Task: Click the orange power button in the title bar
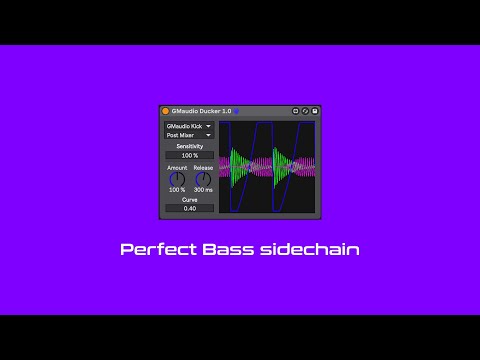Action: point(166,111)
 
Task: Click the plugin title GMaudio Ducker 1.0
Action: point(201,111)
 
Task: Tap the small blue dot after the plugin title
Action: point(236,111)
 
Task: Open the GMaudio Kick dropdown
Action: point(189,127)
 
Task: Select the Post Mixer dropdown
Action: point(189,135)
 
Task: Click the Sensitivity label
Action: point(189,146)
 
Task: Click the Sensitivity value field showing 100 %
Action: point(189,156)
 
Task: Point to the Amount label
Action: point(177,168)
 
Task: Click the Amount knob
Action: point(177,179)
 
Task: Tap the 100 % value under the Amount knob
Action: point(177,190)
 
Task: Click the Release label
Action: point(203,168)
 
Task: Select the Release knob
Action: point(203,179)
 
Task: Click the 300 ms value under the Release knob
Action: point(203,190)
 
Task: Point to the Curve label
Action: point(189,200)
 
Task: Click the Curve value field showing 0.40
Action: point(189,209)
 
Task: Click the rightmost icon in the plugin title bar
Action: point(315,111)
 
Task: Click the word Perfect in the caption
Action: point(154,249)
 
